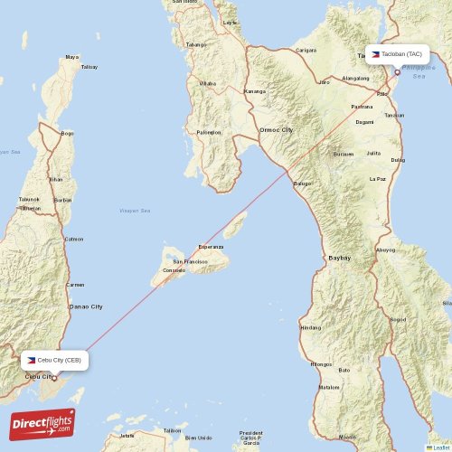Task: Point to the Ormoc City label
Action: [276, 130]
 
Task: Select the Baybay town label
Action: [340, 258]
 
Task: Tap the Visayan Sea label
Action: [135, 210]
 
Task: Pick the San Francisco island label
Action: [190, 262]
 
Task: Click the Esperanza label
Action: [211, 246]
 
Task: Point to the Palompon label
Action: [209, 133]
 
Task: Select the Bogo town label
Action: [67, 134]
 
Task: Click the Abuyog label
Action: [386, 250]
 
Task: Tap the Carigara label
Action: [306, 50]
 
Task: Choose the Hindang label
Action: [310, 327]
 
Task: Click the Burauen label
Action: [344, 155]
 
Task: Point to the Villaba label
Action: [208, 83]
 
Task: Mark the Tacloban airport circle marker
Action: [396, 72]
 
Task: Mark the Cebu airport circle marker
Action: [53, 378]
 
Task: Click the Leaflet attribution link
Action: [440, 447]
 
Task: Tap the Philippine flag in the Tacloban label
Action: [374, 55]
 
